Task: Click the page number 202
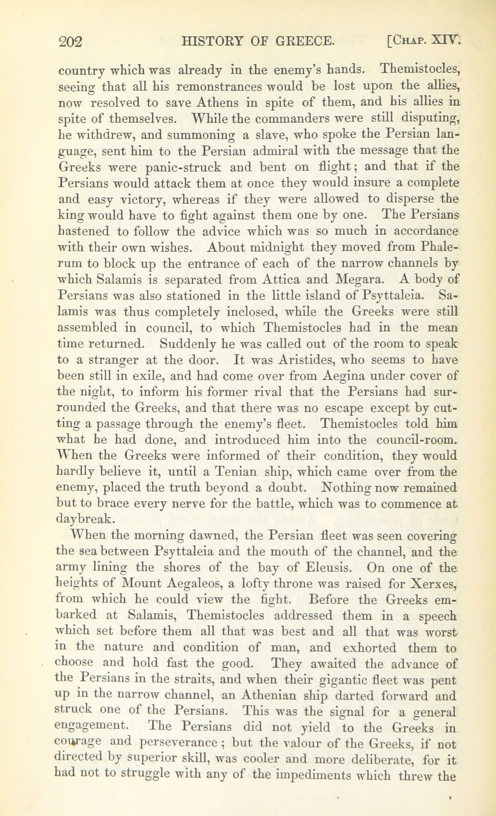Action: pos(70,41)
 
